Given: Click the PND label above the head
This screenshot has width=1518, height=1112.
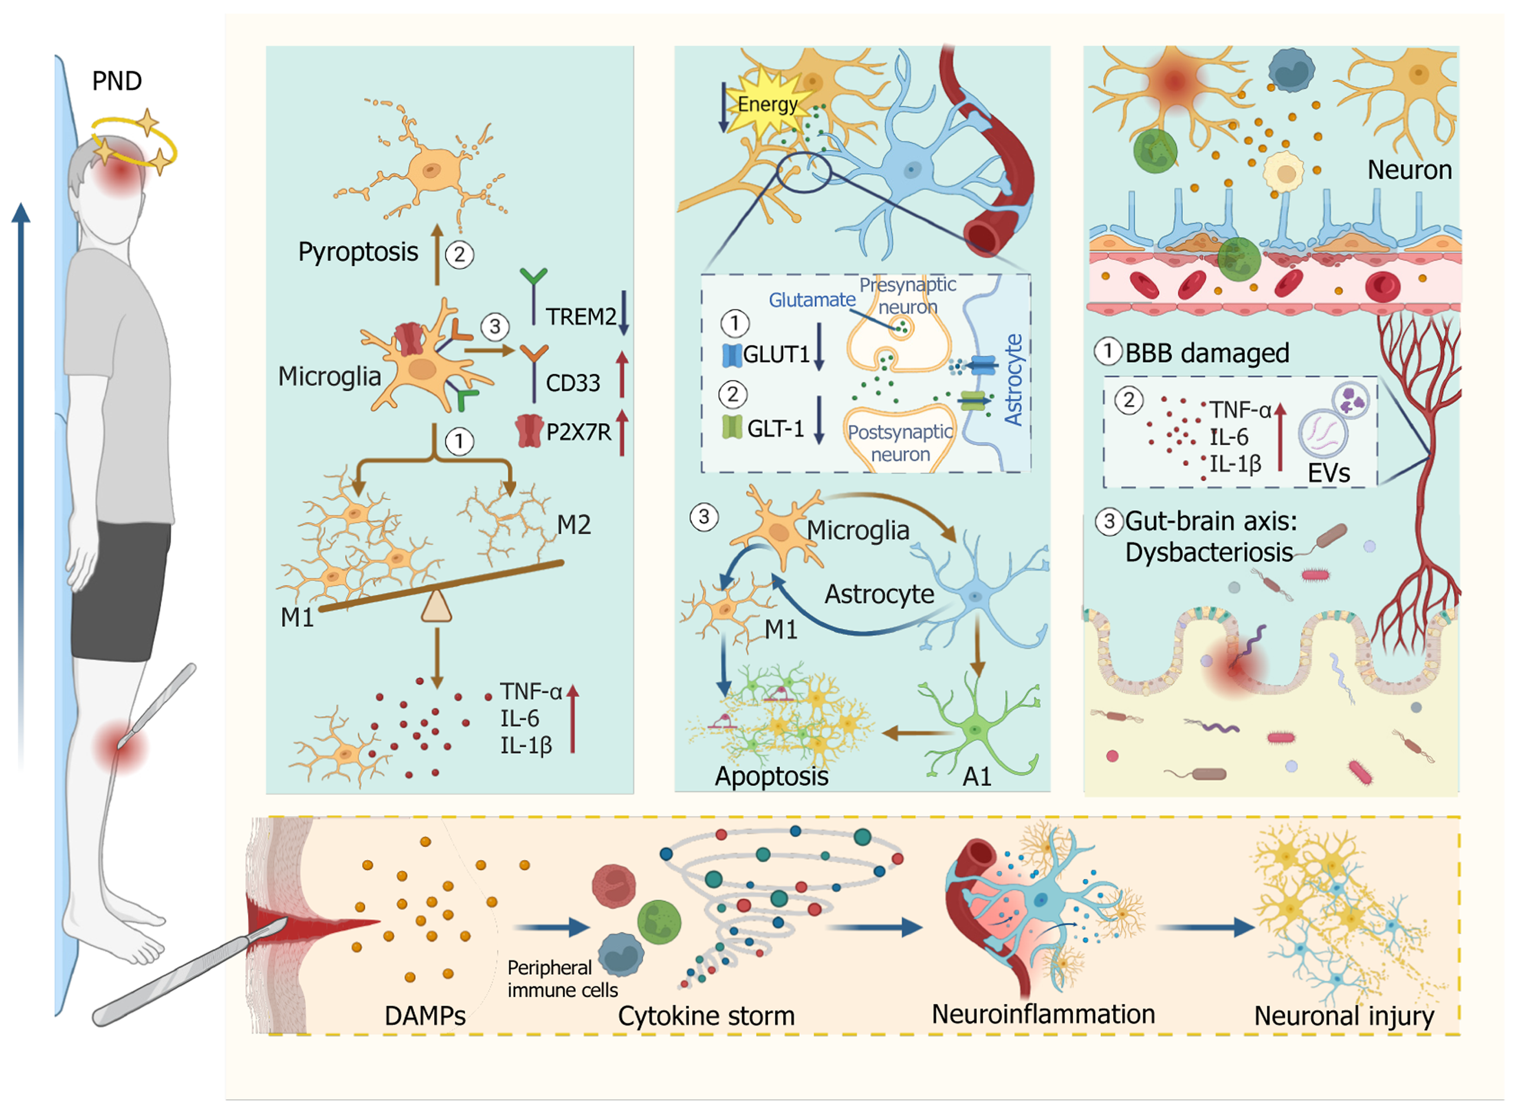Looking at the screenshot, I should pyautogui.click(x=116, y=82).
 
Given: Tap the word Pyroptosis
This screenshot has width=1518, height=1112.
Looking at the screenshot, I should pyautogui.click(x=358, y=252).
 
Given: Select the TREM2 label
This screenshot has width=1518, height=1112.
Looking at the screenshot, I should pyautogui.click(x=580, y=317).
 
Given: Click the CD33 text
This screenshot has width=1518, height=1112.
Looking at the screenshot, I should pyautogui.click(x=572, y=383).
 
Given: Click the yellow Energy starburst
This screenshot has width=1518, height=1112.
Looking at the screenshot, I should pyautogui.click(x=767, y=105).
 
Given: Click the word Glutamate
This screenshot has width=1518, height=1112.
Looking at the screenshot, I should pyautogui.click(x=812, y=300).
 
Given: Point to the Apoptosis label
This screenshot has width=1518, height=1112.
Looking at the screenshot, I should pyautogui.click(x=771, y=776).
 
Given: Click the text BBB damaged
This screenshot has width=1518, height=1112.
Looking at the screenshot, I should pyautogui.click(x=1207, y=353).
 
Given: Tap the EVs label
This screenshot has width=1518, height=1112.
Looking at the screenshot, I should pyautogui.click(x=1328, y=473).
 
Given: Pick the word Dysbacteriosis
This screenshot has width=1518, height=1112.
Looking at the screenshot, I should pyautogui.click(x=1209, y=553).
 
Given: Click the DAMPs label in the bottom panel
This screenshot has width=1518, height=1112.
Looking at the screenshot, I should pyautogui.click(x=425, y=1016).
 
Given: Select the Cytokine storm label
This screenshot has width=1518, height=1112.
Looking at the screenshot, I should pyautogui.click(x=706, y=1016).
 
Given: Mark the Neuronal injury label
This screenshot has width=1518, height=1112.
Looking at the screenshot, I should pyautogui.click(x=1344, y=1016).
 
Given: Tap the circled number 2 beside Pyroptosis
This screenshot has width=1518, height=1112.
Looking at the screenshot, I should pyautogui.click(x=459, y=255).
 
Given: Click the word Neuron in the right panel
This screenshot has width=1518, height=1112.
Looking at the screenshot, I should pyautogui.click(x=1409, y=170).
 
